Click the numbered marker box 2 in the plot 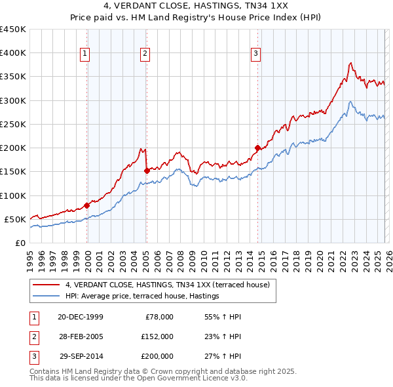145,54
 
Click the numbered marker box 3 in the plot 255,54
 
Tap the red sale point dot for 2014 257,148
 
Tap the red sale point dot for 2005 147,171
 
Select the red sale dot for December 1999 87,205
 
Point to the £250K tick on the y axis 13,124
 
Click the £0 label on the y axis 19,243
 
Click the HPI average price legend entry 141,296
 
